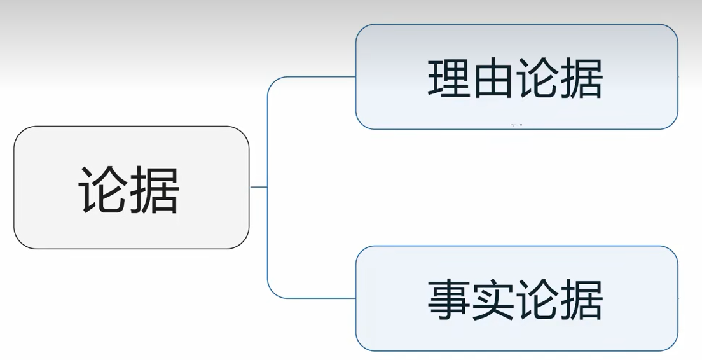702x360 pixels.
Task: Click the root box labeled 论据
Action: [131, 187]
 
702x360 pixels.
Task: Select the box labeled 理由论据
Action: [516, 77]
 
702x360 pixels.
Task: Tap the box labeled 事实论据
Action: [516, 298]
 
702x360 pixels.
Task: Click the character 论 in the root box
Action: [103, 189]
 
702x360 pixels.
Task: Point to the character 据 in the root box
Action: [155, 189]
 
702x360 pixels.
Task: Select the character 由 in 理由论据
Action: [493, 79]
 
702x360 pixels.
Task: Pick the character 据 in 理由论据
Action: [581, 79]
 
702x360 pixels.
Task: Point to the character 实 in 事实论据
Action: [493, 300]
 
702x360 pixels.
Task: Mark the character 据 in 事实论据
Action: [581, 300]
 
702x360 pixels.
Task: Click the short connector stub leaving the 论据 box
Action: [258, 187]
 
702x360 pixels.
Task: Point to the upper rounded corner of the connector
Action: [272, 81]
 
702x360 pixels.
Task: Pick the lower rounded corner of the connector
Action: [272, 293]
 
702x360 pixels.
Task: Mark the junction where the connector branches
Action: [268, 187]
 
